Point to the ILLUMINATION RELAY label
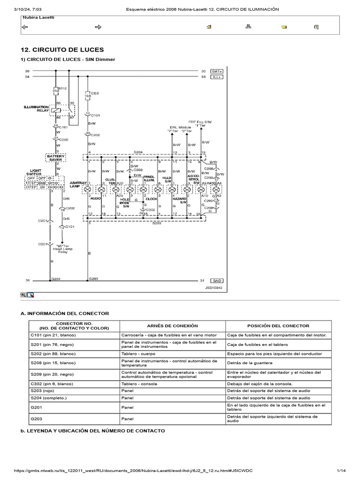tap(37, 109)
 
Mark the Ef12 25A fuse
tap(56, 90)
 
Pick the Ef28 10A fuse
tap(88, 96)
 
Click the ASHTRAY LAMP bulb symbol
tap(88, 189)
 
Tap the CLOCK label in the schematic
tap(151, 199)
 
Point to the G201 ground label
tap(56, 278)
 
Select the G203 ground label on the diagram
tap(94, 278)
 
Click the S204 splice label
tap(138, 152)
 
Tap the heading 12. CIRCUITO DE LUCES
tap(63, 50)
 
